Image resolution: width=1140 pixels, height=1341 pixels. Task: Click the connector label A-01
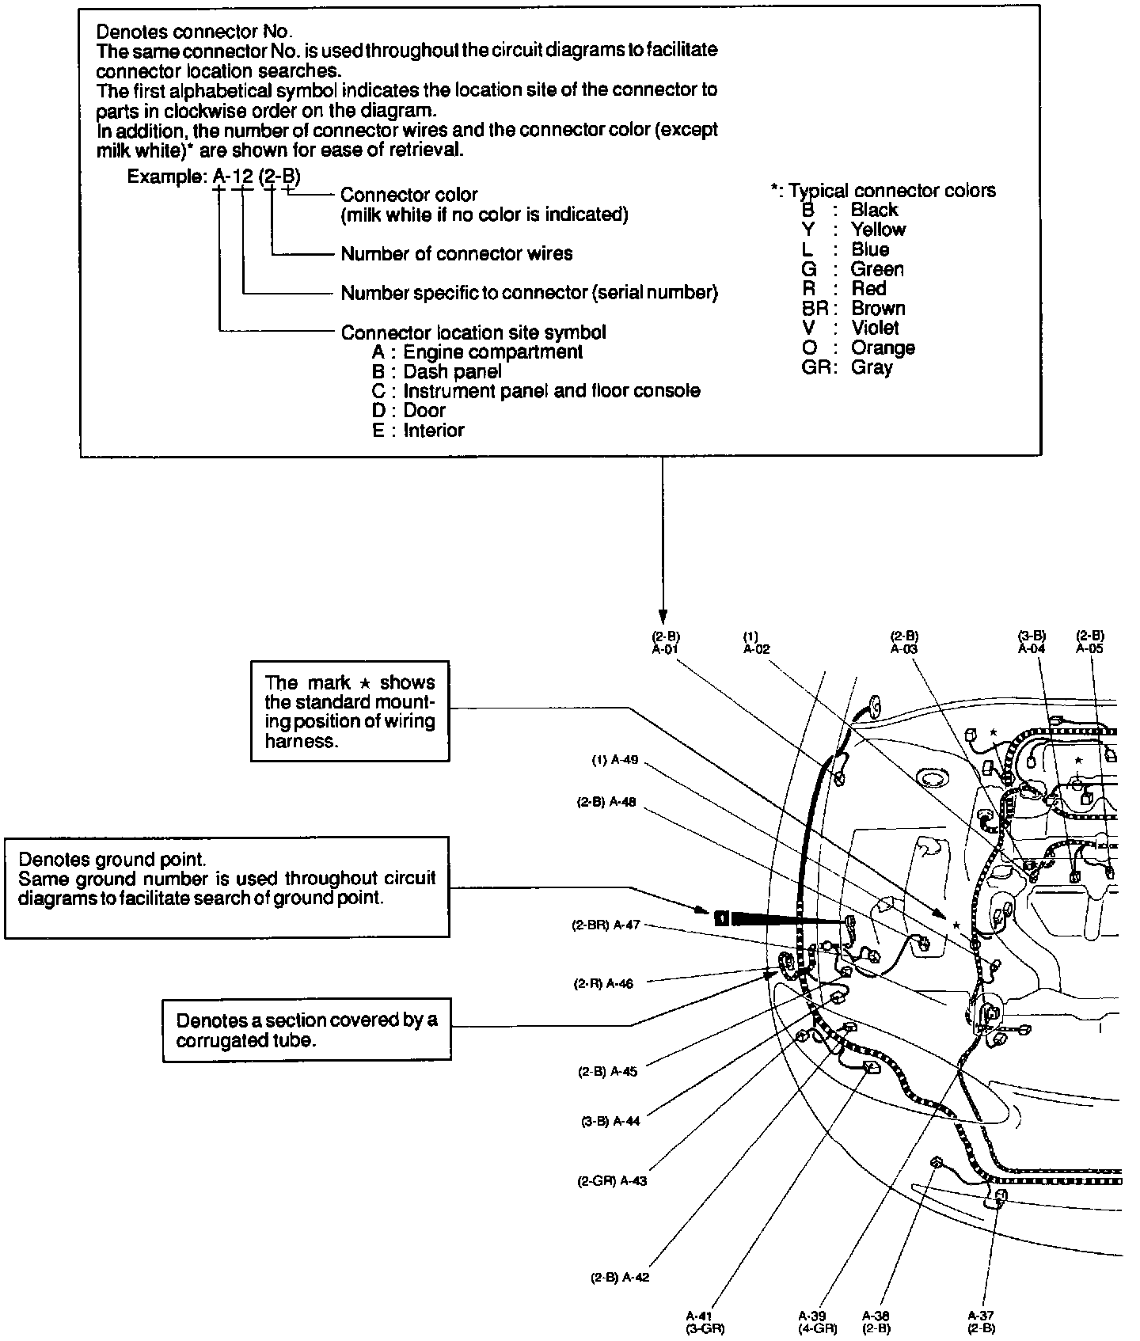click(666, 648)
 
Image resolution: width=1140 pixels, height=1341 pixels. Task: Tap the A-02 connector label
click(756, 648)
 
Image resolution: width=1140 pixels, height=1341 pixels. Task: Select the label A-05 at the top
click(1089, 648)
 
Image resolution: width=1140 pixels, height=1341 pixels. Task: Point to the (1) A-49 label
click(614, 761)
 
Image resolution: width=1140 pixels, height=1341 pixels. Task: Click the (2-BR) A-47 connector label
click(606, 924)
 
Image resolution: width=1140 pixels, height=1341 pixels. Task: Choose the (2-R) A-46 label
click(603, 984)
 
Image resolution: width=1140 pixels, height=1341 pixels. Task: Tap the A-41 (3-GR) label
click(705, 1322)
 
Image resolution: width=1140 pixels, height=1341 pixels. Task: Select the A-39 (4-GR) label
click(817, 1322)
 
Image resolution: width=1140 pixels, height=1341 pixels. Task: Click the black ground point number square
click(721, 918)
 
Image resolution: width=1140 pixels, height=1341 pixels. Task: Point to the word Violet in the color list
click(875, 328)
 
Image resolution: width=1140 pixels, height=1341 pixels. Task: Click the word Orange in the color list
click(882, 348)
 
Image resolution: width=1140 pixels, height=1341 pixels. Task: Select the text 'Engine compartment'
click(492, 351)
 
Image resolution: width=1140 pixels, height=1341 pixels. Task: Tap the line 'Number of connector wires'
click(456, 253)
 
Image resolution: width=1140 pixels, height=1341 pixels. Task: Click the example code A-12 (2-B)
click(257, 176)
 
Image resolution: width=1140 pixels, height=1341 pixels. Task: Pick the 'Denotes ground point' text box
click(226, 887)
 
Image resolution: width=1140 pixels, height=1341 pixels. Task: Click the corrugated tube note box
click(306, 1030)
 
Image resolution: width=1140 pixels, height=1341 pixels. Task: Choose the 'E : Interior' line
click(418, 430)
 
